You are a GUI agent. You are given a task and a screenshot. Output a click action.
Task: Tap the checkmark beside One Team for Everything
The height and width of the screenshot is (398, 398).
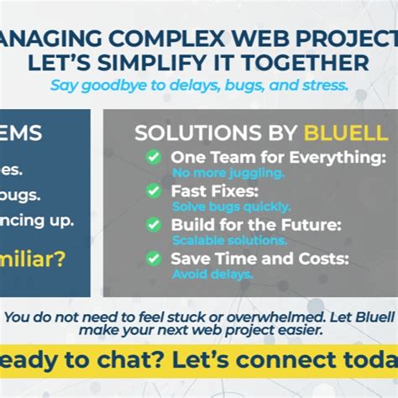[153, 157]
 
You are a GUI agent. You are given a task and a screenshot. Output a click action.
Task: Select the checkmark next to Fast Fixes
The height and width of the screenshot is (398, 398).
[153, 191]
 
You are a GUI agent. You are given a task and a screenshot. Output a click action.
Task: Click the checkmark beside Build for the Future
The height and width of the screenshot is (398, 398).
[153, 224]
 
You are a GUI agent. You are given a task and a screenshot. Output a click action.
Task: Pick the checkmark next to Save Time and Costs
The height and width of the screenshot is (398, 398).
[153, 258]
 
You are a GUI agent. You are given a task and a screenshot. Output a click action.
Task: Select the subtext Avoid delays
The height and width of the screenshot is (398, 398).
[212, 274]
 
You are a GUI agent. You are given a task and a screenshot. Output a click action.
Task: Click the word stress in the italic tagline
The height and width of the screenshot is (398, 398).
[324, 85]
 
